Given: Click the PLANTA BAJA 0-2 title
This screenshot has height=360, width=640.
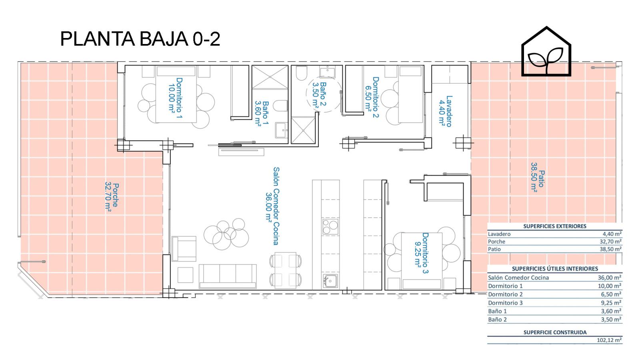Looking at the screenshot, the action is point(140,39).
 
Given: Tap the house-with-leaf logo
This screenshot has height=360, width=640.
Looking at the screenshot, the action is point(546,52).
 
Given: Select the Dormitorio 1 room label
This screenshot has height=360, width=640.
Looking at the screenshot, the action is point(175,98).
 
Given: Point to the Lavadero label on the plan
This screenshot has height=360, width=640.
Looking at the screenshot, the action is point(446,111).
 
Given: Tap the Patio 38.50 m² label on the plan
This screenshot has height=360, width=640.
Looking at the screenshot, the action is point(538,177).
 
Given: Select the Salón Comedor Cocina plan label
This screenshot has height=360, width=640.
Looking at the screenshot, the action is point(272,206).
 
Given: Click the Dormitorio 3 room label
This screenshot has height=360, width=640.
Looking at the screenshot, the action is point(422,253).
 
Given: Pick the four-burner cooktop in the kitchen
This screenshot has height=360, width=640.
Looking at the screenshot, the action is point(330,226).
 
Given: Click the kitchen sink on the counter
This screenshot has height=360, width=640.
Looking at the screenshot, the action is point(330,280).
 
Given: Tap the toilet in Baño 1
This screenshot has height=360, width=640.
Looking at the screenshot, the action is point(280,106).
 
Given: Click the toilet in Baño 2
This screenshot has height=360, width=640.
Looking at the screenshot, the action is point(302,73).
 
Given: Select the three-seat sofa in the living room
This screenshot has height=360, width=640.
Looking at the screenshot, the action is point(228,276).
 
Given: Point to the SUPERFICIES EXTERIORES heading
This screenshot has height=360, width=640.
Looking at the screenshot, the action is point(554,226).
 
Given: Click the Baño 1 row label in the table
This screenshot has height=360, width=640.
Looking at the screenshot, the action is point(497,311).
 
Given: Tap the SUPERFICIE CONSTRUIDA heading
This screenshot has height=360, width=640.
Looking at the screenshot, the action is point(555,332).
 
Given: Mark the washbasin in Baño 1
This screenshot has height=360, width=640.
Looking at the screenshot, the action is point(282,130).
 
